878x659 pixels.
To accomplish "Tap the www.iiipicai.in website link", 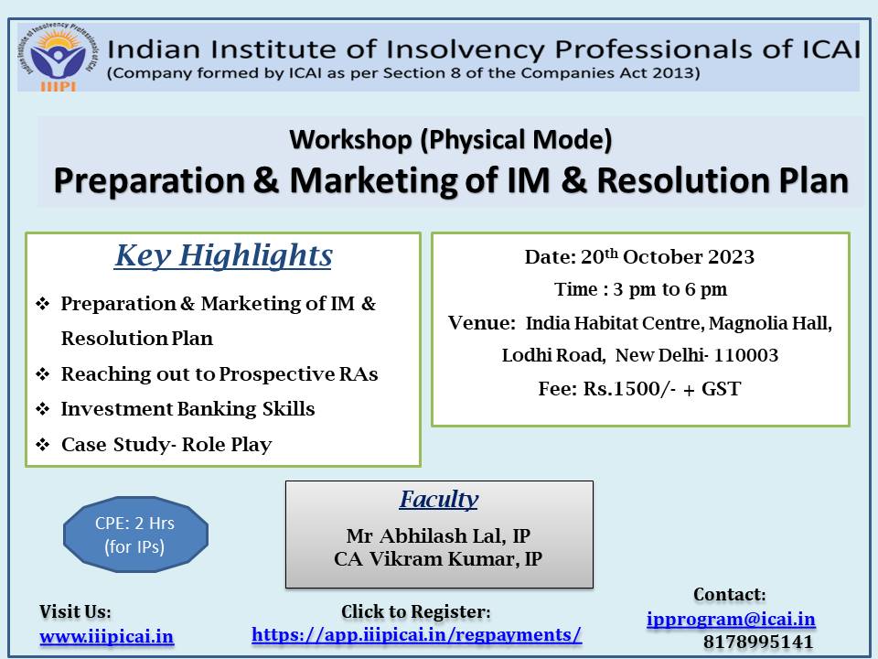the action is (106, 637).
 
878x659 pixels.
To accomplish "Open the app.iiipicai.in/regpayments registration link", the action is (417, 635).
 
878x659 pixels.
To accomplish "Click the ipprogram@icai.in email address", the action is (731, 620).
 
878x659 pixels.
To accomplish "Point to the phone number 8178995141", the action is (758, 642).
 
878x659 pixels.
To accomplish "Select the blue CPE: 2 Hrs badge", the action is (135, 535).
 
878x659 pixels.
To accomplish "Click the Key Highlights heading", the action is (223, 255).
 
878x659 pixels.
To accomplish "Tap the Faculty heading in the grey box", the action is (439, 499).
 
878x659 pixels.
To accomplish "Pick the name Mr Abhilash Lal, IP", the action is (438, 535).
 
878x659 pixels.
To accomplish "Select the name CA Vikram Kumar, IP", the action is (438, 558).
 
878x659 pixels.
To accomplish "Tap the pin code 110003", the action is (746, 355).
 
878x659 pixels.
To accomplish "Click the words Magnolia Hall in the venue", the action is (770, 323).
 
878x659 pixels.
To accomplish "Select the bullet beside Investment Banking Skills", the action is (43, 409).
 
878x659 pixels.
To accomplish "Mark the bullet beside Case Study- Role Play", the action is (43, 445).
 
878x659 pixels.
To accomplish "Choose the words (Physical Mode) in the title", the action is (516, 140).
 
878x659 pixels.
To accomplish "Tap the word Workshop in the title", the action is (351, 140).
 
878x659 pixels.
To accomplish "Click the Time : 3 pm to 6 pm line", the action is (640, 290).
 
